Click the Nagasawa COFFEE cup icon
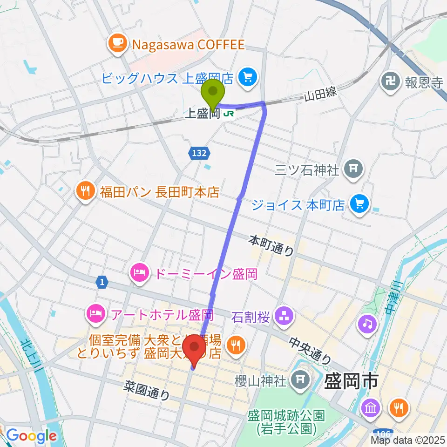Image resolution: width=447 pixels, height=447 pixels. tap(115, 44)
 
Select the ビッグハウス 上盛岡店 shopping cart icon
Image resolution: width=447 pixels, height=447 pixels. tap(245, 77)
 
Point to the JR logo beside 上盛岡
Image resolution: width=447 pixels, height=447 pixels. tap(228, 113)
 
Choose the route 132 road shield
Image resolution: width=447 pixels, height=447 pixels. tap(200, 152)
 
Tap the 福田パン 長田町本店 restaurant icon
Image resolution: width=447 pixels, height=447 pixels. tap(85, 192)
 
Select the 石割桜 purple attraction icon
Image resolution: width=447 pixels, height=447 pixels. tap(284, 318)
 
